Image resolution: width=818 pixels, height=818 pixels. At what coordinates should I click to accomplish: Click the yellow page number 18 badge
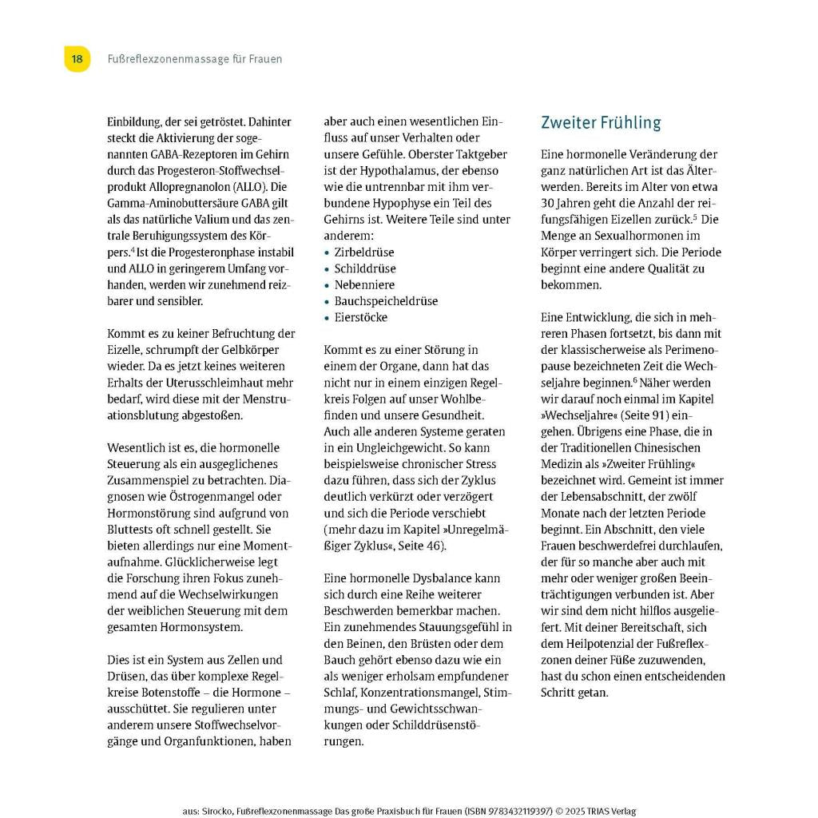tap(77, 59)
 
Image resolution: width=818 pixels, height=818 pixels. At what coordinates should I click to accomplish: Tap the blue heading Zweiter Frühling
tap(601, 123)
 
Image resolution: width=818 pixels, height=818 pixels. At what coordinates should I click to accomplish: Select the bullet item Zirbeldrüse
tap(364, 252)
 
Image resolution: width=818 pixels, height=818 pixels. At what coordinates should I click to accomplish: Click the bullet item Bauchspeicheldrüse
tap(386, 301)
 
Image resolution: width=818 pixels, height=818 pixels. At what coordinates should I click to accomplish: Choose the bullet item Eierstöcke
tap(361, 318)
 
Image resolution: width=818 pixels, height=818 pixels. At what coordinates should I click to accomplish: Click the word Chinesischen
tap(665, 448)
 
